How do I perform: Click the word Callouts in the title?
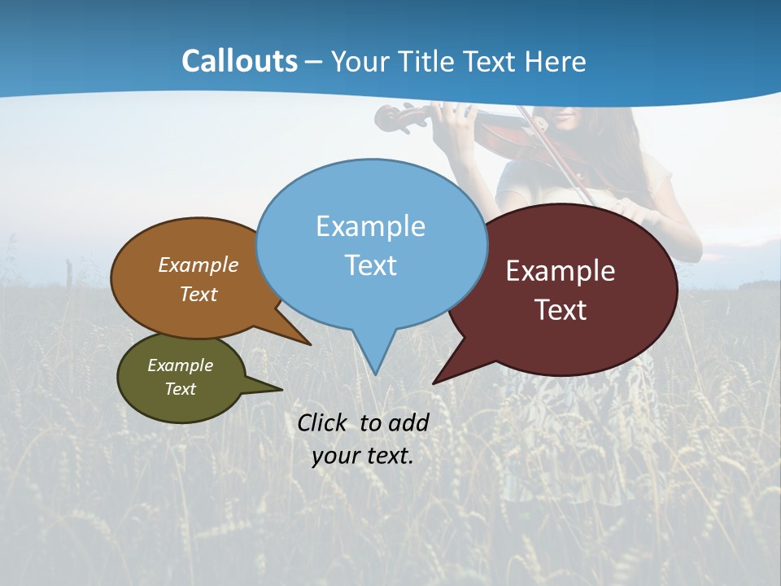click(239, 61)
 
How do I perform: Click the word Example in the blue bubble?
click(370, 226)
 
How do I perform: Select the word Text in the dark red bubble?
click(561, 310)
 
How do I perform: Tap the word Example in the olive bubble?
click(180, 365)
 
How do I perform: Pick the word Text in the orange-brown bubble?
click(199, 294)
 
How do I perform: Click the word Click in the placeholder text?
click(324, 422)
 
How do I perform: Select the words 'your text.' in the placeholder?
click(363, 456)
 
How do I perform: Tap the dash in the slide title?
click(315, 62)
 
